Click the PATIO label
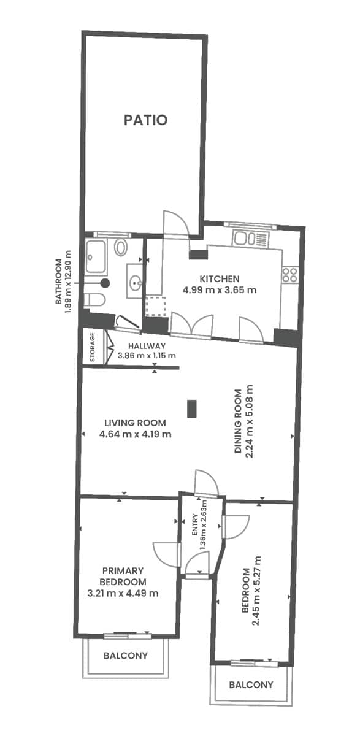[x=145, y=120]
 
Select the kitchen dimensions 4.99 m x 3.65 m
[x=220, y=289]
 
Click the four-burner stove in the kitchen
[x=290, y=274]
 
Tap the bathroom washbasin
[x=136, y=283]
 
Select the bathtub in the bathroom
[x=96, y=256]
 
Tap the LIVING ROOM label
[x=135, y=423]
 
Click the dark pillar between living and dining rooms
[x=192, y=408]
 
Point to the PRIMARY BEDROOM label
[x=123, y=577]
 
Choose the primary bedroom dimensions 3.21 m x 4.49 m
[x=123, y=593]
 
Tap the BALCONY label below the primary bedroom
[x=126, y=656]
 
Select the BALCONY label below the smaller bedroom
[x=251, y=684]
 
